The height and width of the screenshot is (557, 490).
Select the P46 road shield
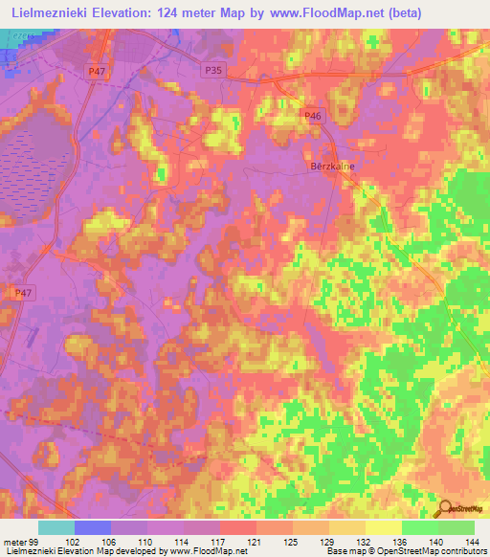pyautogui.click(x=311, y=116)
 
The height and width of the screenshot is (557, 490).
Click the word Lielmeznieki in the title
pyautogui.click(x=51, y=13)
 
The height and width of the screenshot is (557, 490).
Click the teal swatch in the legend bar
pyautogui.click(x=56, y=527)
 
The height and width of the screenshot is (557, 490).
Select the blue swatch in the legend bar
pyautogui.click(x=92, y=527)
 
